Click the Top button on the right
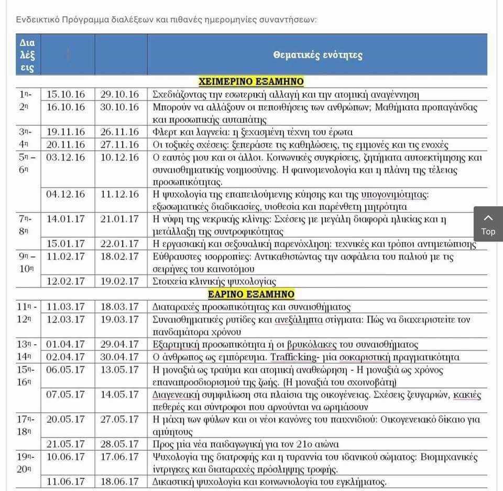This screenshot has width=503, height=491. coord(488,225)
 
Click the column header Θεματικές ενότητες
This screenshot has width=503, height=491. coord(318,55)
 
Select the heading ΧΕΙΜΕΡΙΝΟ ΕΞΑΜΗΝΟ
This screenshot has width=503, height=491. coord(251,82)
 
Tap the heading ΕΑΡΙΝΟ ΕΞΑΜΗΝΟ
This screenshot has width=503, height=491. coord(251,294)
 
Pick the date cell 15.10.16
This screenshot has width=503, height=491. coord(65,94)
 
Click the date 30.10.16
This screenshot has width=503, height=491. coord(120,107)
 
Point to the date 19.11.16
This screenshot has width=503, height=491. coord(65,132)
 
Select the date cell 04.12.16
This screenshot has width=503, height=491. coord(65,194)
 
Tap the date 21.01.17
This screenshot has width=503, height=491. coord(120,219)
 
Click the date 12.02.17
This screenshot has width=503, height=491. coord(65,281)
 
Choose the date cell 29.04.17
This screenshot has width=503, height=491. coord(120,344)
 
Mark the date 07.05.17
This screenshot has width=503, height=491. coord(65,394)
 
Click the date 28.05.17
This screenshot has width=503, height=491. coord(120,444)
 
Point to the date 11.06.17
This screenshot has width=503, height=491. coord(65,482)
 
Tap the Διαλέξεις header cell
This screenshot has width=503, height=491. coord(27,55)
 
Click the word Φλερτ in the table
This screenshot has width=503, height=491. coord(164,132)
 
